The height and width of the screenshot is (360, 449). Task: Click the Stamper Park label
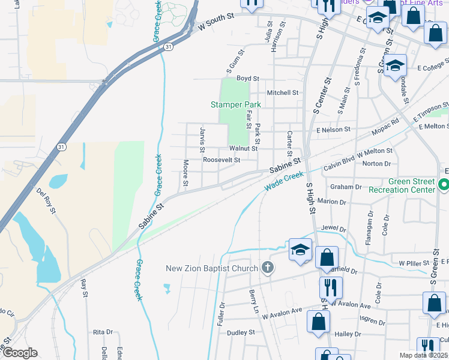[x=236, y=104]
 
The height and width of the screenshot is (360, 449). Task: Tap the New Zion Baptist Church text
[x=212, y=268]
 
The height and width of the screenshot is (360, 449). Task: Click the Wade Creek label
[x=285, y=181]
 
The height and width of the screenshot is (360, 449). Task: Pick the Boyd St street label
[x=247, y=79]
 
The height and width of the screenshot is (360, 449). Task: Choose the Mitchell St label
[x=283, y=93]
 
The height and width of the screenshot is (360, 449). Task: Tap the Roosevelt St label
[x=221, y=160]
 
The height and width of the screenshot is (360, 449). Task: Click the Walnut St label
[x=243, y=148]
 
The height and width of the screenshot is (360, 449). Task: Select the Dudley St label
[x=241, y=332]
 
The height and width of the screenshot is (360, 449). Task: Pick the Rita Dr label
[x=103, y=332]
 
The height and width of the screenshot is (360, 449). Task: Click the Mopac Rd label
[x=387, y=125]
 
